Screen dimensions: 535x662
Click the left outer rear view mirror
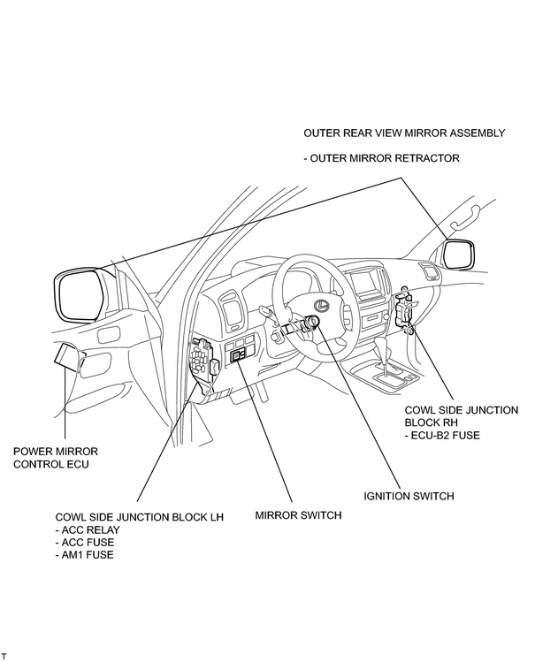tap(79, 295)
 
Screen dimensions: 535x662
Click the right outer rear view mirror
tap(459, 255)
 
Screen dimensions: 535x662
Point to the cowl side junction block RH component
tap(403, 309)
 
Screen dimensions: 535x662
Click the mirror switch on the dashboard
tap(239, 356)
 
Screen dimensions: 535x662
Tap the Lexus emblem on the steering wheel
tap(322, 304)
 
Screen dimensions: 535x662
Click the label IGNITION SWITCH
tap(409, 496)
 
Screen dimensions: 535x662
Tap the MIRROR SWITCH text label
tap(298, 515)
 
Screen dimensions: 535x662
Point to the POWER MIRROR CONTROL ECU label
tap(56, 458)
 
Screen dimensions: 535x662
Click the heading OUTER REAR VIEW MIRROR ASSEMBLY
tap(404, 133)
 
